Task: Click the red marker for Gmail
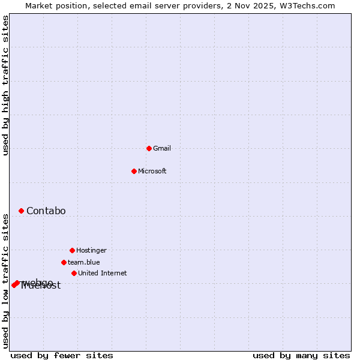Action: [149, 148]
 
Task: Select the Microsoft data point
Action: [134, 171]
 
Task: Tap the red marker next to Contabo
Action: [21, 211]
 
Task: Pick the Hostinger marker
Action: [72, 250]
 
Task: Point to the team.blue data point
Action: [64, 262]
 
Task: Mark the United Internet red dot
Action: [74, 273]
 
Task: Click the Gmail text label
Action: [162, 148]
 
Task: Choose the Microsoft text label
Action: [152, 171]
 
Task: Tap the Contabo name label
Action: [46, 211]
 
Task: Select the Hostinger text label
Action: [91, 250]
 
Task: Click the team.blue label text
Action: [84, 262]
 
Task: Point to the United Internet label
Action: [103, 273]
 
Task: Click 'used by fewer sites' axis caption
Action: [62, 355]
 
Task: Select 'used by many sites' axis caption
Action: [301, 355]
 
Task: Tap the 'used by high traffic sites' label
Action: [6, 86]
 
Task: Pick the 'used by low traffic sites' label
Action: [6, 280]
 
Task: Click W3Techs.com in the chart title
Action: [307, 5]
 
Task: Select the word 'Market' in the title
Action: [39, 5]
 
